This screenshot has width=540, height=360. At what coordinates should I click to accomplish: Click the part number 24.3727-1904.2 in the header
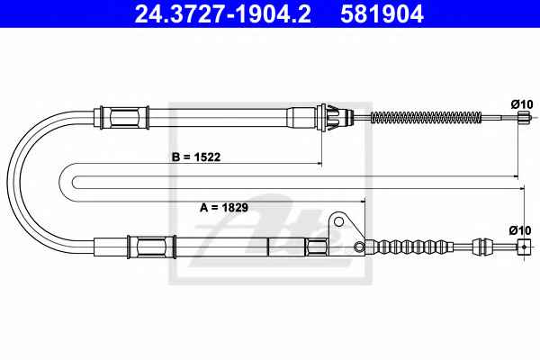point(223,13)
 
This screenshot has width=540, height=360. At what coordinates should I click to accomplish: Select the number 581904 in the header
point(382,13)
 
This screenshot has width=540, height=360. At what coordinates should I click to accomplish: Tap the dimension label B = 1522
point(196,157)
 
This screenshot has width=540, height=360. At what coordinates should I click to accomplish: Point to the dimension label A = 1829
point(224,208)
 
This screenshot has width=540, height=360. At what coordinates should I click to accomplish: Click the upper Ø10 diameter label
point(522,104)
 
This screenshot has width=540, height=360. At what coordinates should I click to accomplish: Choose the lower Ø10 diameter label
point(520,230)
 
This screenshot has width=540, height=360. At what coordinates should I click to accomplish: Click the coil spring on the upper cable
point(426,118)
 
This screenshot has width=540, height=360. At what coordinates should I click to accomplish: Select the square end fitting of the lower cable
point(524,247)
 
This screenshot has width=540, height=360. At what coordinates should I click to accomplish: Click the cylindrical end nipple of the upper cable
point(524,117)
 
